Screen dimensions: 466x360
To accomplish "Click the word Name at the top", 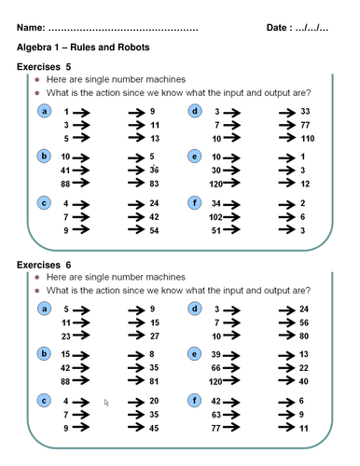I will (x=31, y=29).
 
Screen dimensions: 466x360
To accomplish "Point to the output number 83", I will (x=155, y=184).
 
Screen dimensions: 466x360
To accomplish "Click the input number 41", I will (x=65, y=170).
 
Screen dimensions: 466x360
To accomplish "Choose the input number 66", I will (x=215, y=367).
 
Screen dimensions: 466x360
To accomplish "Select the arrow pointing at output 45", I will (x=133, y=428).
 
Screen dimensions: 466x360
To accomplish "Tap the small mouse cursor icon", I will (x=106, y=403).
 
